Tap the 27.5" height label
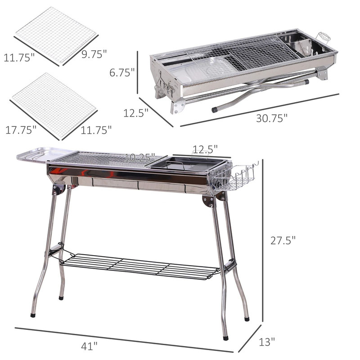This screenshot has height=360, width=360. (x=283, y=241)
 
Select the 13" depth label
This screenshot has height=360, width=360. (x=267, y=342)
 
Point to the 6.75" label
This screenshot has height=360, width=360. (x=122, y=72)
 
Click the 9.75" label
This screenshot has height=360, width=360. (x=94, y=54)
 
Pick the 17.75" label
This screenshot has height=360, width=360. (x=21, y=130)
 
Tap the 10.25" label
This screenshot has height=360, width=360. (x=139, y=157)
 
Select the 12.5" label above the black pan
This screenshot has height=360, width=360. (x=205, y=148)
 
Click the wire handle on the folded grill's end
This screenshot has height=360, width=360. (x=324, y=36)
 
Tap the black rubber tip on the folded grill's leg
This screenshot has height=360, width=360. (x=215, y=109)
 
